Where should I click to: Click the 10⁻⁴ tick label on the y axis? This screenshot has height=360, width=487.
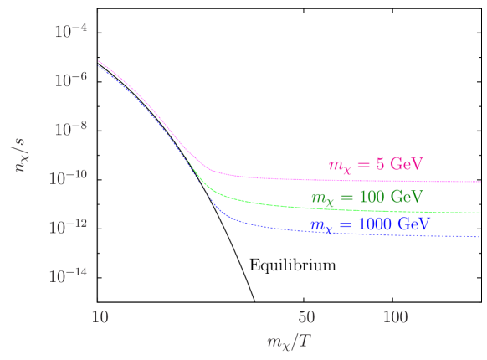[x=71, y=32]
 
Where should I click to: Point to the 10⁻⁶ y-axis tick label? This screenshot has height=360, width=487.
[x=71, y=80]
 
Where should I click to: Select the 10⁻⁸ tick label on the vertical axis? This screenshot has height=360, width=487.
[x=71, y=129]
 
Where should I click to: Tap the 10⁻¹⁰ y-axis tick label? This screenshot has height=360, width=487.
[x=69, y=177]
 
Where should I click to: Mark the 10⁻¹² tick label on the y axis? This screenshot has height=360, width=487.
[x=69, y=226]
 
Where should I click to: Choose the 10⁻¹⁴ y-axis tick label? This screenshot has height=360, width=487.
[x=69, y=275]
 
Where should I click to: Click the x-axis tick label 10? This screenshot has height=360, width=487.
[x=100, y=316]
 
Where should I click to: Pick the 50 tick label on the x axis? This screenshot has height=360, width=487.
[x=306, y=316]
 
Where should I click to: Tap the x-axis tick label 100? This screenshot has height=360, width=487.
[x=395, y=316]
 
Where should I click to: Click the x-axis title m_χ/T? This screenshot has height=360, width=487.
[x=290, y=341]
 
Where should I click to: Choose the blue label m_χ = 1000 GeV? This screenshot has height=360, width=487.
[x=369, y=225]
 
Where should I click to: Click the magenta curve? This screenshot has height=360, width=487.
[x=335, y=179]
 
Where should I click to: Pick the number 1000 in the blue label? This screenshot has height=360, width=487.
[x=376, y=224]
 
